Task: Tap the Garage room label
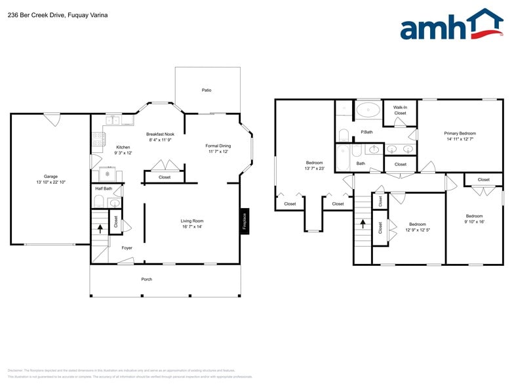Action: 50,176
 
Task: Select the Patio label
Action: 207,90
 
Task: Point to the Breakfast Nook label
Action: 160,134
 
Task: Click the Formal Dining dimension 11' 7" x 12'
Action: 218,152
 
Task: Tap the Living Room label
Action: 192,221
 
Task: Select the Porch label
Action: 147,279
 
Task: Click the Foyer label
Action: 127,248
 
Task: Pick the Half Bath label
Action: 104,188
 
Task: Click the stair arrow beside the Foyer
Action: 100,228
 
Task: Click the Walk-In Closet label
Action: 400,110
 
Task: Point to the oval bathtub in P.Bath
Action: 368,110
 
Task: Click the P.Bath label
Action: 366,132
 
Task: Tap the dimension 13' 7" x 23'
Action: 314,169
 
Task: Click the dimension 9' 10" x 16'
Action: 474,222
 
